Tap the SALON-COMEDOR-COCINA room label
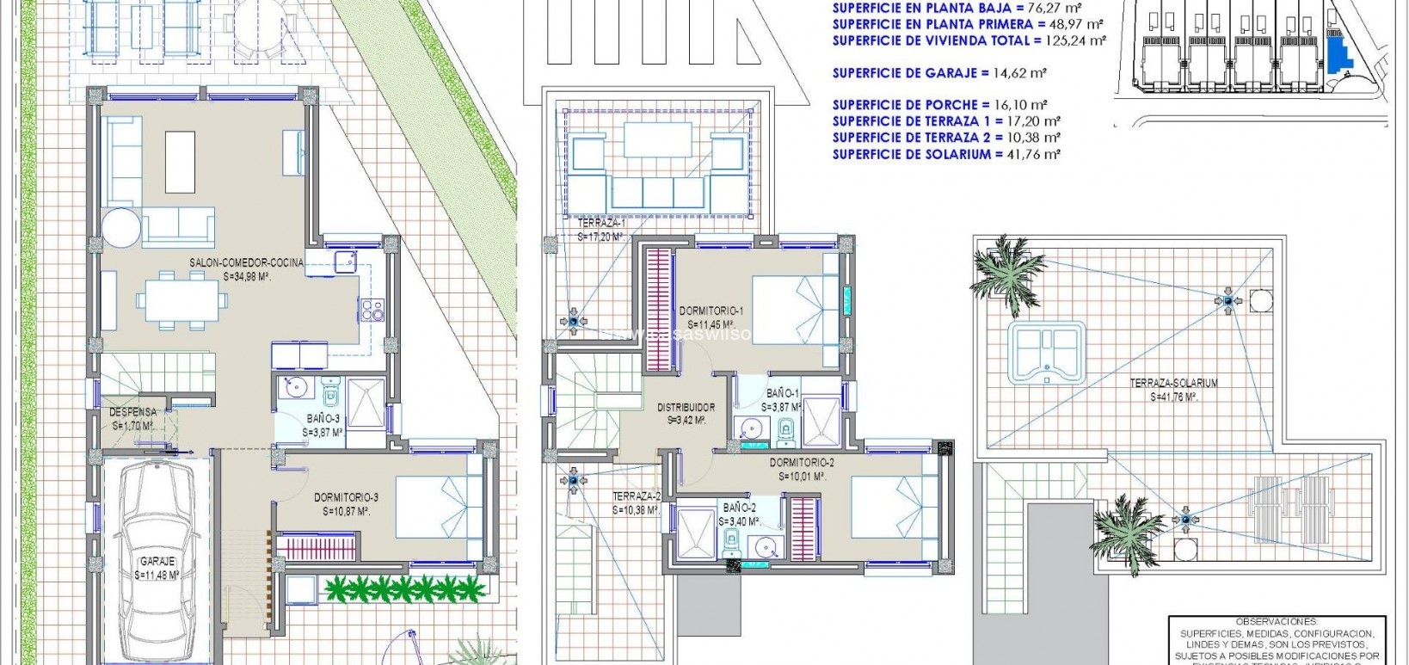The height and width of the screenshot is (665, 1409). tap(247, 263)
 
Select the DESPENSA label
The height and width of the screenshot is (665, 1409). tap(132, 413)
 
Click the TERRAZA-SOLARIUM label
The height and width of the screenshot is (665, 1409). tap(1173, 384)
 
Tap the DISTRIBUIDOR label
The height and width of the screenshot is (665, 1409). tap(686, 408)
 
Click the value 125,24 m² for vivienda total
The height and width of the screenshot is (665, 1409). tap(1077, 40)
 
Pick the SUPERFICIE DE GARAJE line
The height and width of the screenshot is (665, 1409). tap(939, 73)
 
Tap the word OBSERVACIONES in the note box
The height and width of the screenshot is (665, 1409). tap(1276, 621)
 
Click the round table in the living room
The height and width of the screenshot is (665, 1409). tap(120, 230)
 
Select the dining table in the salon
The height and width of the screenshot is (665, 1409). tap(182, 301)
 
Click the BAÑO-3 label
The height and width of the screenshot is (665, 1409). tap(323, 419)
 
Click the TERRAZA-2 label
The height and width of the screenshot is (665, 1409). tap(637, 496)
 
